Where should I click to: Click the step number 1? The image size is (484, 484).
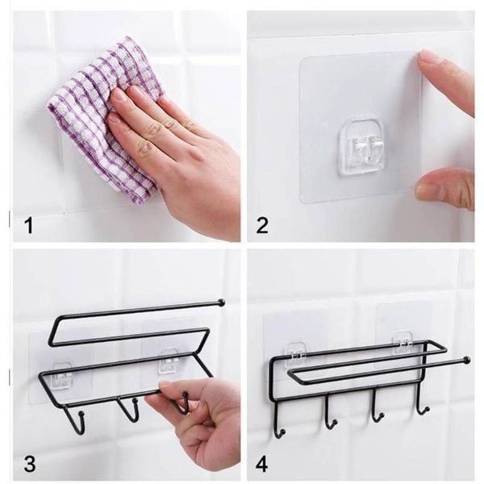click(28, 225)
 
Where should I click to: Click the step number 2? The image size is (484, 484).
click(262, 225)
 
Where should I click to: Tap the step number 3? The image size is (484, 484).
click(29, 464)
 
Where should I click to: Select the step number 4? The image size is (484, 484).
click(262, 464)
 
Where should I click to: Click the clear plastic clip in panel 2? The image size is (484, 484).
click(361, 146)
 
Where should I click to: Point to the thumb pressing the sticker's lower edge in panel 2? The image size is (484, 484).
click(444, 188)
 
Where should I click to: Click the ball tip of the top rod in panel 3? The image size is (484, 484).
click(220, 302)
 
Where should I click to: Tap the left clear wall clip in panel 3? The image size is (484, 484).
click(62, 374)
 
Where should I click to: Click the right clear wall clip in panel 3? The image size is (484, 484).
click(169, 361)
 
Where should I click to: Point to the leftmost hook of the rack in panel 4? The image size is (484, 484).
click(278, 420)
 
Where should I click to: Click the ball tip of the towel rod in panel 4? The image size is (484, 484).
click(466, 361)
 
